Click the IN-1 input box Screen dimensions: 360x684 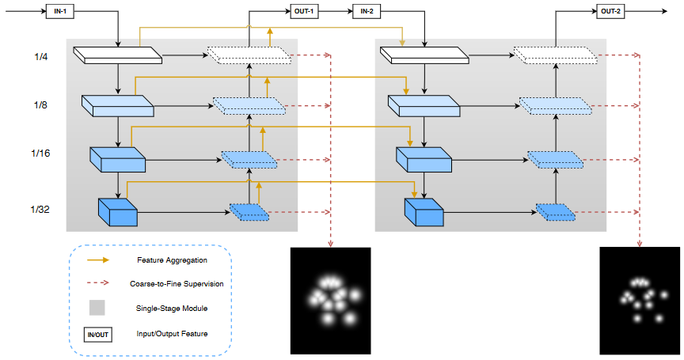pos(59,11)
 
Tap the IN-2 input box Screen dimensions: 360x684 pos(367,11)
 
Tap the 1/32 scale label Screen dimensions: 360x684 pos(40,210)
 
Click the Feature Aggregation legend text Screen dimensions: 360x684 pos(172,260)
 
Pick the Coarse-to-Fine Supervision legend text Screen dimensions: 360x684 pos(175,283)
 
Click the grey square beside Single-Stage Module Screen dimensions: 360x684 pos(97,309)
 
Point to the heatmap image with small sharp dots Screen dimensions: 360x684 pos(639,300)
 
